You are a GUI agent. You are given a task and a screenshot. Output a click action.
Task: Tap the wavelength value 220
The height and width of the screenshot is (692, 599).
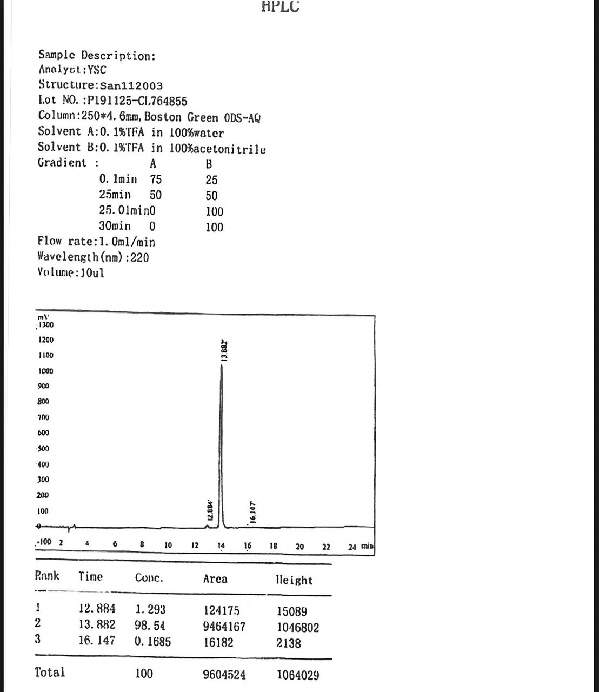[x=139, y=257]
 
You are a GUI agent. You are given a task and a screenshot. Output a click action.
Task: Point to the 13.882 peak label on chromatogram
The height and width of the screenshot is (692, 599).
[x=225, y=351]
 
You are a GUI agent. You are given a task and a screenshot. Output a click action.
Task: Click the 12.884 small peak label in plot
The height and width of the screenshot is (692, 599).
[x=211, y=510]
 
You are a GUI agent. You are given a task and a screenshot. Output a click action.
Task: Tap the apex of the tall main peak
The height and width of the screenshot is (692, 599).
[x=221, y=366]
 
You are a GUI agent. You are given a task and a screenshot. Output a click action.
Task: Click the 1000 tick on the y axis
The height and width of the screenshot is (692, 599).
[x=45, y=371]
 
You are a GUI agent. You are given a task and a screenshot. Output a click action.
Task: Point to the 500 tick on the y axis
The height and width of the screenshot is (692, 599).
[x=43, y=448]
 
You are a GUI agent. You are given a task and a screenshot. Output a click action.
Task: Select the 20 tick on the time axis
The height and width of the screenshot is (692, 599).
[x=299, y=547]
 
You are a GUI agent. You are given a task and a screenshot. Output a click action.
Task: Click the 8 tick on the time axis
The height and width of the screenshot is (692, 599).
[x=142, y=545]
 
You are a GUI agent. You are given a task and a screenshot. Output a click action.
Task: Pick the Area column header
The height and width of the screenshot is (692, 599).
[x=215, y=579]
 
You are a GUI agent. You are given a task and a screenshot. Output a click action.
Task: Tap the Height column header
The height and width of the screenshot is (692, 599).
[x=294, y=580]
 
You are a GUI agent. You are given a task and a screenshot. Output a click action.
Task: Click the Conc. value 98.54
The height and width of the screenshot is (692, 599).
[x=150, y=626]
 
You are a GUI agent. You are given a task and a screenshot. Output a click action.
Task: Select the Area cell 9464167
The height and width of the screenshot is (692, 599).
[x=224, y=627]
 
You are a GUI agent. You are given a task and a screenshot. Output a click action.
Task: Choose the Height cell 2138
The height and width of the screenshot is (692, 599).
[x=289, y=643]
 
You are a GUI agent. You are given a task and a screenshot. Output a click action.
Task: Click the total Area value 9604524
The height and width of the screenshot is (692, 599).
[x=224, y=675]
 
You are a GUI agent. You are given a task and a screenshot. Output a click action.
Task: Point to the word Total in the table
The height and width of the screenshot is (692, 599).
[x=50, y=673]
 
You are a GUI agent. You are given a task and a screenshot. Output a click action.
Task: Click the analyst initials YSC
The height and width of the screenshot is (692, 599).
[x=97, y=70]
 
